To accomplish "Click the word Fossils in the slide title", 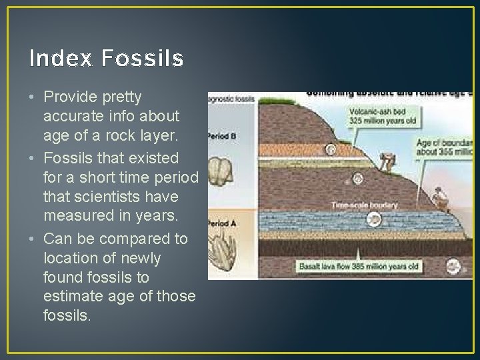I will click(x=143, y=59).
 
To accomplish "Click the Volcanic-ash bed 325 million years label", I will click(x=379, y=117).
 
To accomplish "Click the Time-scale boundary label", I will click(x=364, y=205).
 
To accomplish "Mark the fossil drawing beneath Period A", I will click(x=221, y=254).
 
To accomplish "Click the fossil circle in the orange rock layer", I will click(x=359, y=178).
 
